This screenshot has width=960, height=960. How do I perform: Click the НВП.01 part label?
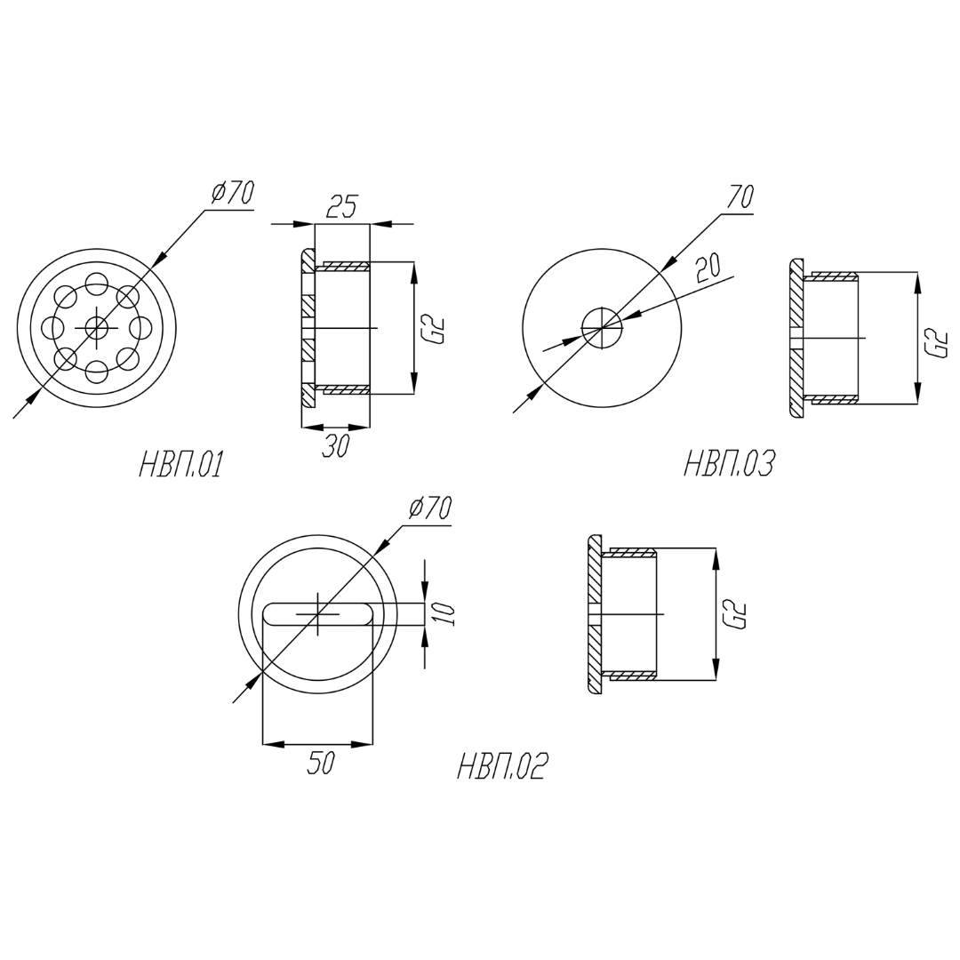click(x=180, y=465)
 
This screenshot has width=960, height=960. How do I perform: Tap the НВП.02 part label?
click(x=501, y=766)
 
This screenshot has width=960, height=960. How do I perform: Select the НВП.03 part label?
click(x=729, y=463)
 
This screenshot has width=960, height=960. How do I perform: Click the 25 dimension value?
click(x=340, y=207)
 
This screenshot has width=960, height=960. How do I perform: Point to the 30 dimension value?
click(x=335, y=446)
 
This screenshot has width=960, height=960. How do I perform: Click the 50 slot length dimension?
click(x=320, y=763)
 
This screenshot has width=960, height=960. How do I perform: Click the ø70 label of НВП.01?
click(x=231, y=192)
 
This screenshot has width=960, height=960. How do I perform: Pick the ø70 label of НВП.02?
click(x=430, y=508)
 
